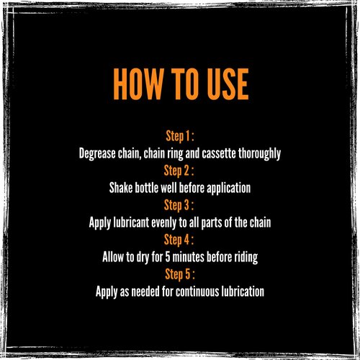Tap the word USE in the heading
pyautogui.click(x=228, y=84)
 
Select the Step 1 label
pyautogui.click(x=180, y=137)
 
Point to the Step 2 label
pyautogui.click(x=179, y=171)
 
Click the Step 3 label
pyautogui.click(x=179, y=206)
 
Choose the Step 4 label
pyautogui.click(x=179, y=240)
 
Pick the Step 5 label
pyautogui.click(x=180, y=274)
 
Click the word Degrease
pyautogui.click(x=97, y=154)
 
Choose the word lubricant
pyautogui.click(x=131, y=222)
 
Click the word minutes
pyautogui.click(x=189, y=257)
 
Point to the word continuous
pyautogui.click(x=197, y=292)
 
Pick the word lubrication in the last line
pyautogui.click(x=243, y=292)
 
